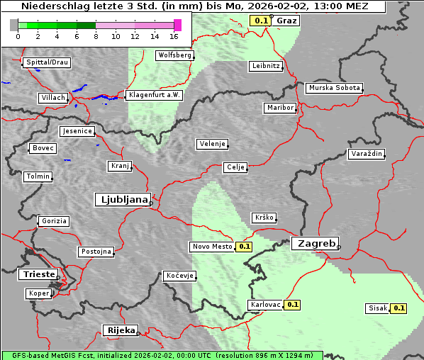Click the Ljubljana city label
coord(122,200)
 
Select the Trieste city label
coord(38,274)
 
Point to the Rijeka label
coord(121,330)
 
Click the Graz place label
coord(286,21)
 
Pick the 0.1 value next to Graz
coord(260,21)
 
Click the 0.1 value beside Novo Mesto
coord(244,247)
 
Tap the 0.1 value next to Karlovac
coord(293,305)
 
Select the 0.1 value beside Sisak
coord(398,308)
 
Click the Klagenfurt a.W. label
coord(154,95)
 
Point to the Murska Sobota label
coord(335,89)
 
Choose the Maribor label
coord(279,108)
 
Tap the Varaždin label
coord(367,154)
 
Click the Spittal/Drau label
coord(47,62)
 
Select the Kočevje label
coord(179,276)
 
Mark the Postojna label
coord(96,252)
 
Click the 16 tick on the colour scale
coord(174,36)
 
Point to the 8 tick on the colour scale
coord(96,36)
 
